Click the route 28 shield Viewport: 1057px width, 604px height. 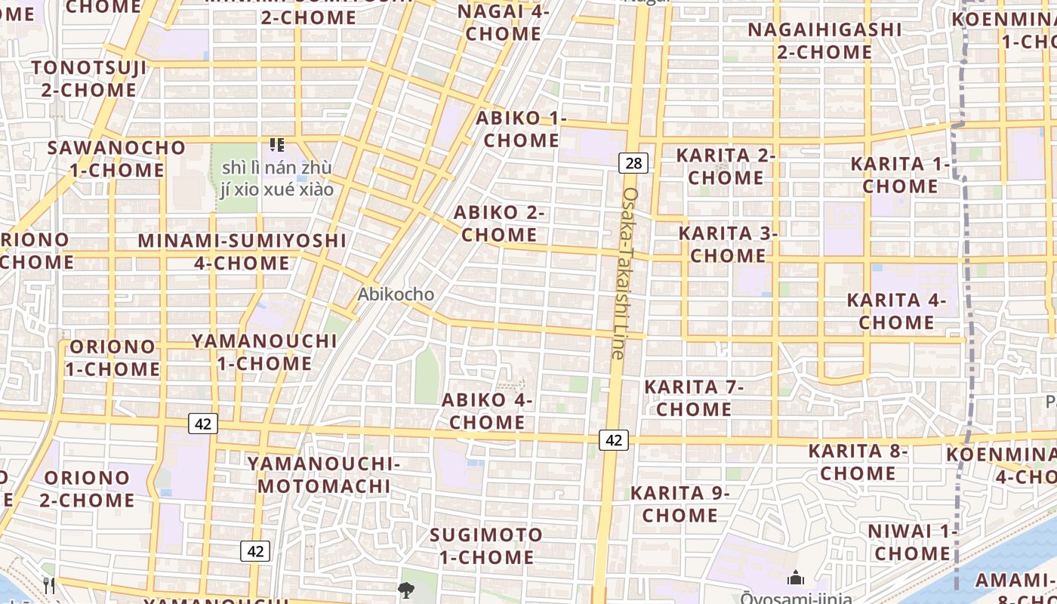633,162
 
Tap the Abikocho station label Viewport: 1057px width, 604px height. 396,294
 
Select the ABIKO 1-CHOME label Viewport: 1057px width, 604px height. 521,129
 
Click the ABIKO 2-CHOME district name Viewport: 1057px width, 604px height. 498,223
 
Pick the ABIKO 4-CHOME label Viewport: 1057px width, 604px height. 487,411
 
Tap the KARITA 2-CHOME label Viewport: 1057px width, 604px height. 726,166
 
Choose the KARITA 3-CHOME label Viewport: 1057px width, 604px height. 728,244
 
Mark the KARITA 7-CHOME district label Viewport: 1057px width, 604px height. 693,398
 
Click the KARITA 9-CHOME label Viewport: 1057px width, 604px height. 679,504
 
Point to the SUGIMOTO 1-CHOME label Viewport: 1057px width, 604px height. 485,547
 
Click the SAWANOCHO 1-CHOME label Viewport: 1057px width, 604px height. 116,159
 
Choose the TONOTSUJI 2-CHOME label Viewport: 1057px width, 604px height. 89,79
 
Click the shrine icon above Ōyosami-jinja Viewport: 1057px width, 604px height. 795,579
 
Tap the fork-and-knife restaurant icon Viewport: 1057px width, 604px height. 49,585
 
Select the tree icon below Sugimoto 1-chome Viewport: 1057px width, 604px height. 406,590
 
